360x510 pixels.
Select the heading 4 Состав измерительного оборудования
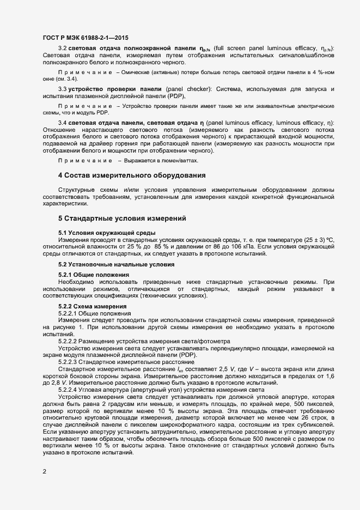(132, 175)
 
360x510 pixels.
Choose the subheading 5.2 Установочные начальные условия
(108, 264)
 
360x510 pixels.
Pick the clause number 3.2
(62, 48)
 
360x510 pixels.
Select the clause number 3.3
(62, 88)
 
